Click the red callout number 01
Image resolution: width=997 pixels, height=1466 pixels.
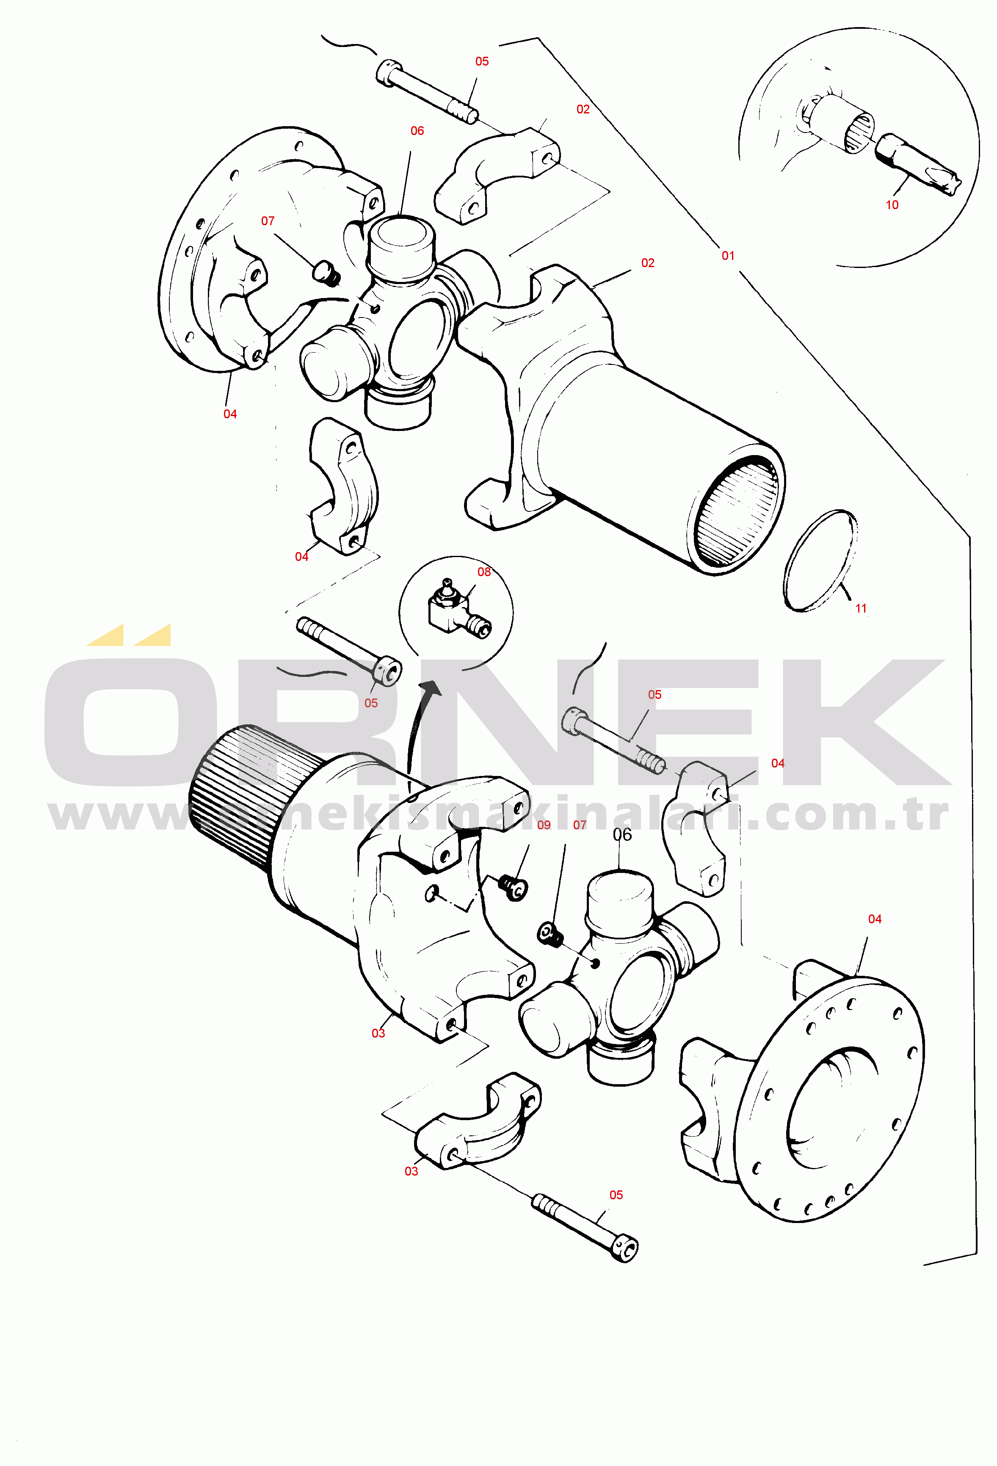point(728,255)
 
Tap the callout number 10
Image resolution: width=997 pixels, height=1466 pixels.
point(892,204)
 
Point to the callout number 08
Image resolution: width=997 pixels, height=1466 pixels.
point(483,571)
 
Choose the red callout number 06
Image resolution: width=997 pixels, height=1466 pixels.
point(417,130)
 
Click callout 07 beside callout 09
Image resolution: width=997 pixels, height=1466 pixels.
point(579,825)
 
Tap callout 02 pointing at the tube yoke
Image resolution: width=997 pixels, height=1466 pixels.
point(647,262)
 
